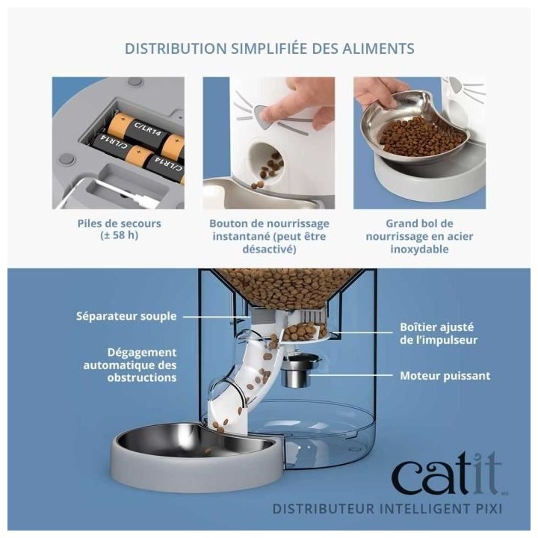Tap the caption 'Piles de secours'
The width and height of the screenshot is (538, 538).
(118, 223)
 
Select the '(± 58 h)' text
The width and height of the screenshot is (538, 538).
(118, 236)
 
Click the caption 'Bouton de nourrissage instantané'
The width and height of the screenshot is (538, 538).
(269, 229)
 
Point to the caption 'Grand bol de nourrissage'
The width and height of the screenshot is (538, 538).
(419, 229)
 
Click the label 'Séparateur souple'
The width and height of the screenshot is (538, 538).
(126, 316)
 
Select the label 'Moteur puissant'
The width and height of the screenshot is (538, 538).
(445, 376)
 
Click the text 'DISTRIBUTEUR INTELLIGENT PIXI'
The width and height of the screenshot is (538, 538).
(387, 510)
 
